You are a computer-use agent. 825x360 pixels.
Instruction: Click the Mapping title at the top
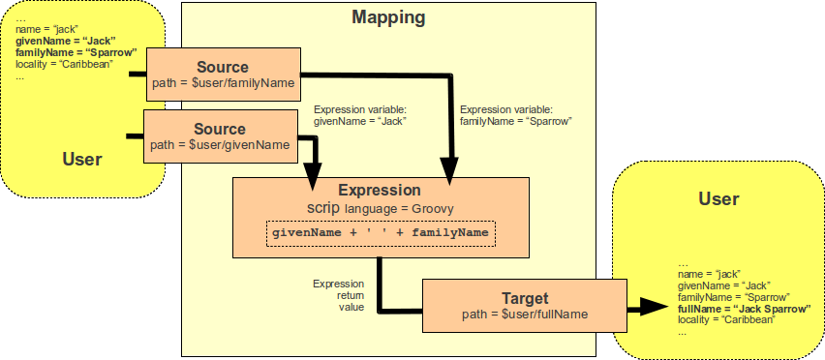click(x=387, y=17)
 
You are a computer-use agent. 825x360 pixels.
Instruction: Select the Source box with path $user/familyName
click(x=222, y=75)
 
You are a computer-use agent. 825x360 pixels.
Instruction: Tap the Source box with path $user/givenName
click(x=221, y=135)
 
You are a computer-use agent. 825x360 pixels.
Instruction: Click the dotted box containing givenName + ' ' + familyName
click(x=382, y=233)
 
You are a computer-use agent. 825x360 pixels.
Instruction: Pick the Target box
click(x=522, y=305)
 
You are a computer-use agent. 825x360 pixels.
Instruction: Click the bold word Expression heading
click(x=379, y=191)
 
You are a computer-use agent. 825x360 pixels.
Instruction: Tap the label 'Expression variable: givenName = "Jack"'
click(x=360, y=115)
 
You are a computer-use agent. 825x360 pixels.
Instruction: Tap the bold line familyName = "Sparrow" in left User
click(x=76, y=53)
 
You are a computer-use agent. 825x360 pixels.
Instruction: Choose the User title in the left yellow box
click(x=81, y=159)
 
